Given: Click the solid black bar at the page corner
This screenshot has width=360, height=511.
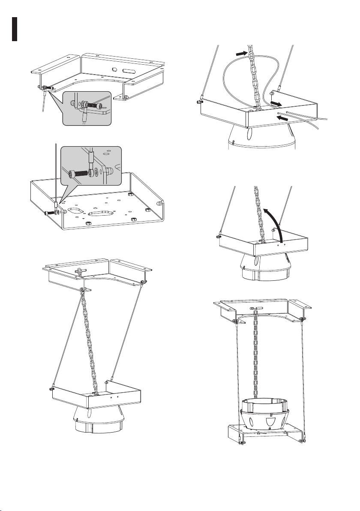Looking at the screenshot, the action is pos(14,29).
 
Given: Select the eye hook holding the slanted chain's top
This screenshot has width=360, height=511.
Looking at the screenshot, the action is pos(80,272).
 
